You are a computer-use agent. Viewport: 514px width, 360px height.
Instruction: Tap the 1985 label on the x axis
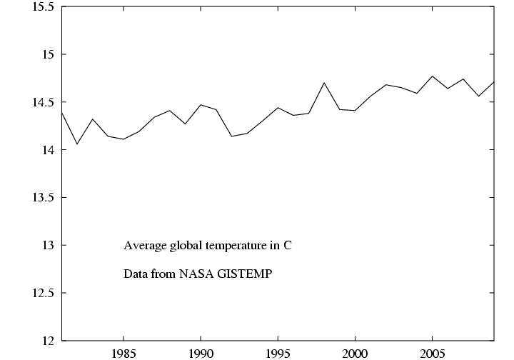pos(124,353)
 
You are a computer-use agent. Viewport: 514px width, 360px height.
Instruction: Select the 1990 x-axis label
pos(201,353)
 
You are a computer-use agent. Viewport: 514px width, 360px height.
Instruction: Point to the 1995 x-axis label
pos(278,353)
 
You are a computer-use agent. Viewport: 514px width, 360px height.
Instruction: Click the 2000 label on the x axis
pos(355,353)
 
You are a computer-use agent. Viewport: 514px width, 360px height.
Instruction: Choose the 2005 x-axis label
pos(432,353)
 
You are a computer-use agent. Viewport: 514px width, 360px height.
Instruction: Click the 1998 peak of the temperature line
pos(324,83)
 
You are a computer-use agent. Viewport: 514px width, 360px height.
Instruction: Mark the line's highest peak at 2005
pos(432,76)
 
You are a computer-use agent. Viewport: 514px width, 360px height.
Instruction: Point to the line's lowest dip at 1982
pos(77,144)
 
